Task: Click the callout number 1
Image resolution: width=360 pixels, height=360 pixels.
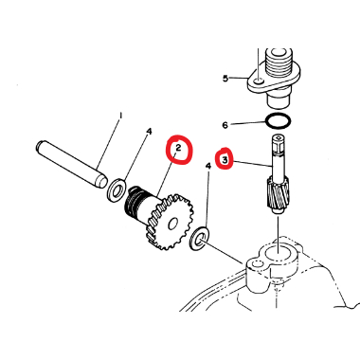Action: [120, 116]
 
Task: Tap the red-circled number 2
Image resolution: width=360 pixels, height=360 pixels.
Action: [178, 148]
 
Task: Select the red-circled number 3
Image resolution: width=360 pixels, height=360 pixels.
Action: [225, 160]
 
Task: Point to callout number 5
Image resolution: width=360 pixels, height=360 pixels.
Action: [225, 78]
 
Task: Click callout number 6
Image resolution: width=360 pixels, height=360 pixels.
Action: [225, 125]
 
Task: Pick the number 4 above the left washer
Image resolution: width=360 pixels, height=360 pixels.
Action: [149, 131]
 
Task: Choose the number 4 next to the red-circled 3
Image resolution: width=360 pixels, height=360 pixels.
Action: [208, 166]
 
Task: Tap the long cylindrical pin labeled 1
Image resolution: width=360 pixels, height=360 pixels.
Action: [72, 164]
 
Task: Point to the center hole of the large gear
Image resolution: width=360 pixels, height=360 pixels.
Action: [172, 225]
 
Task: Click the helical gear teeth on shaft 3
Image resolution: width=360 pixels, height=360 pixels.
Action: [278, 194]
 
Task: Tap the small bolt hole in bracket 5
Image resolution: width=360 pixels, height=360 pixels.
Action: [259, 81]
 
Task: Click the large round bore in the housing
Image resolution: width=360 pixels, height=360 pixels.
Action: [278, 254]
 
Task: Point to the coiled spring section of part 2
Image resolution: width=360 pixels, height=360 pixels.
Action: [134, 206]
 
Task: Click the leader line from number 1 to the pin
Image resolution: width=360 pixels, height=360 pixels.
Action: [109, 143]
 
